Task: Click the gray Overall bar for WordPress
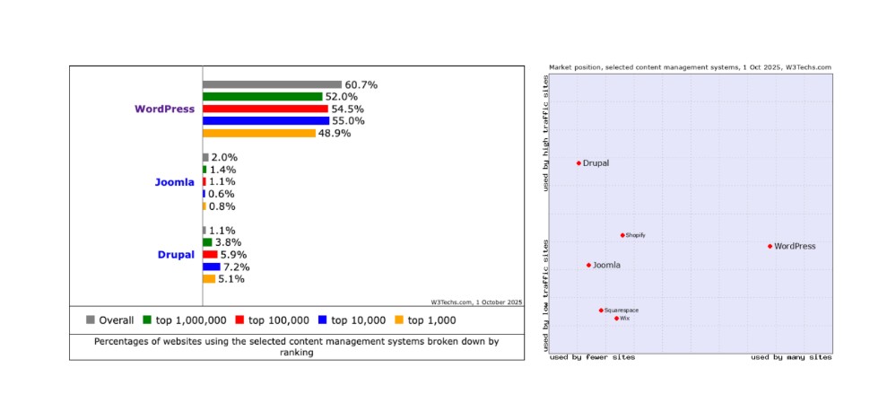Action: point(272,84)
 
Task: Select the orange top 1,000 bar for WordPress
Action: point(258,133)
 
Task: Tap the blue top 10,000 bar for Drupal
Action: point(211,267)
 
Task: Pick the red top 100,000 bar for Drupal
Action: point(209,254)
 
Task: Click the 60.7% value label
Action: point(361,84)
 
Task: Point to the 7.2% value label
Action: point(236,267)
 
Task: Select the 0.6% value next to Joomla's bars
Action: point(222,194)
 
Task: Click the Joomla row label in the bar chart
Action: point(174,182)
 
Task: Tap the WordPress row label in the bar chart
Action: point(164,109)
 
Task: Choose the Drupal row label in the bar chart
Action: point(176,255)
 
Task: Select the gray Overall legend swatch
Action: point(91,320)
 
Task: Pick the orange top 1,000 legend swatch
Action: point(399,320)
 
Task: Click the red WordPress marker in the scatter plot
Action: point(770,246)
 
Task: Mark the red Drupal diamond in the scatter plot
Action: point(578,163)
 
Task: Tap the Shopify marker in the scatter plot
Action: point(622,235)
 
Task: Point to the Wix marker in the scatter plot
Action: point(616,318)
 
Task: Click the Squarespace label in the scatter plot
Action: point(622,311)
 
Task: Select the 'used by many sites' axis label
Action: point(790,357)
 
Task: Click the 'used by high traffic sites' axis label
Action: point(545,133)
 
